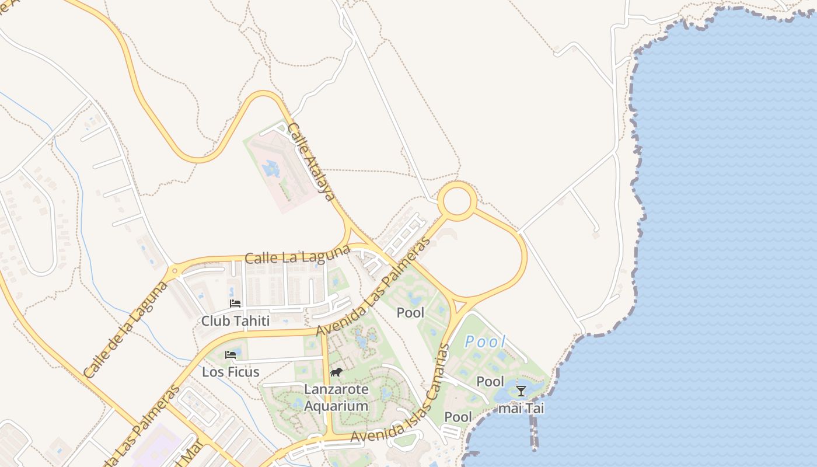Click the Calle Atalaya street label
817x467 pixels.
point(312,162)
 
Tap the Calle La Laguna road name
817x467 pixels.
point(298,255)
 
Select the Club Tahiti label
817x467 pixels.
point(235,321)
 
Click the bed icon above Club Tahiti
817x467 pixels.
point(235,304)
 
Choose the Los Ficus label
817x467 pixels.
point(231,372)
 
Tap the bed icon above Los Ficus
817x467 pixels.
point(231,354)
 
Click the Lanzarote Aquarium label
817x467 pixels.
point(336,398)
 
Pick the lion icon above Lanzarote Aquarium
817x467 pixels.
point(336,372)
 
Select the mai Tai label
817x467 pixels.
point(521,408)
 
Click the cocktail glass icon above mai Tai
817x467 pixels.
point(521,391)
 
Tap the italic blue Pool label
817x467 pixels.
point(485,342)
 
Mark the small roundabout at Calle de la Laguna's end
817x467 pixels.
point(174,271)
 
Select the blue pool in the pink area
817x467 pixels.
point(271,169)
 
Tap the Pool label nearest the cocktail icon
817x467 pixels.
point(490,382)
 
